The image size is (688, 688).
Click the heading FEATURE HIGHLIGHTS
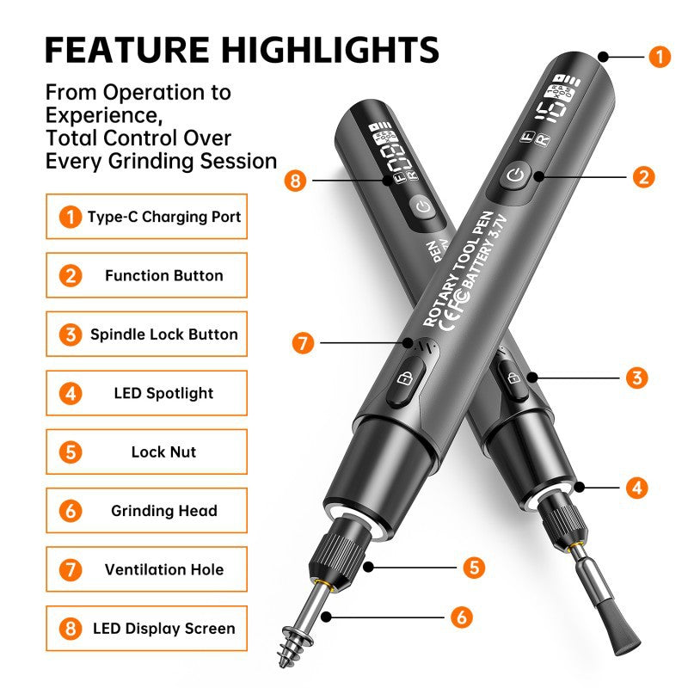point(242,49)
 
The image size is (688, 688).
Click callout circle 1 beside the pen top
point(659,58)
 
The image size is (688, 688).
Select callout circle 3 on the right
point(636,377)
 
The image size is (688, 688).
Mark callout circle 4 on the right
point(636,488)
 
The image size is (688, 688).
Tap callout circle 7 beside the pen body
point(301,343)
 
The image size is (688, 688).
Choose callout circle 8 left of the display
point(297,181)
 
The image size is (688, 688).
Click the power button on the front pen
point(513,176)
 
